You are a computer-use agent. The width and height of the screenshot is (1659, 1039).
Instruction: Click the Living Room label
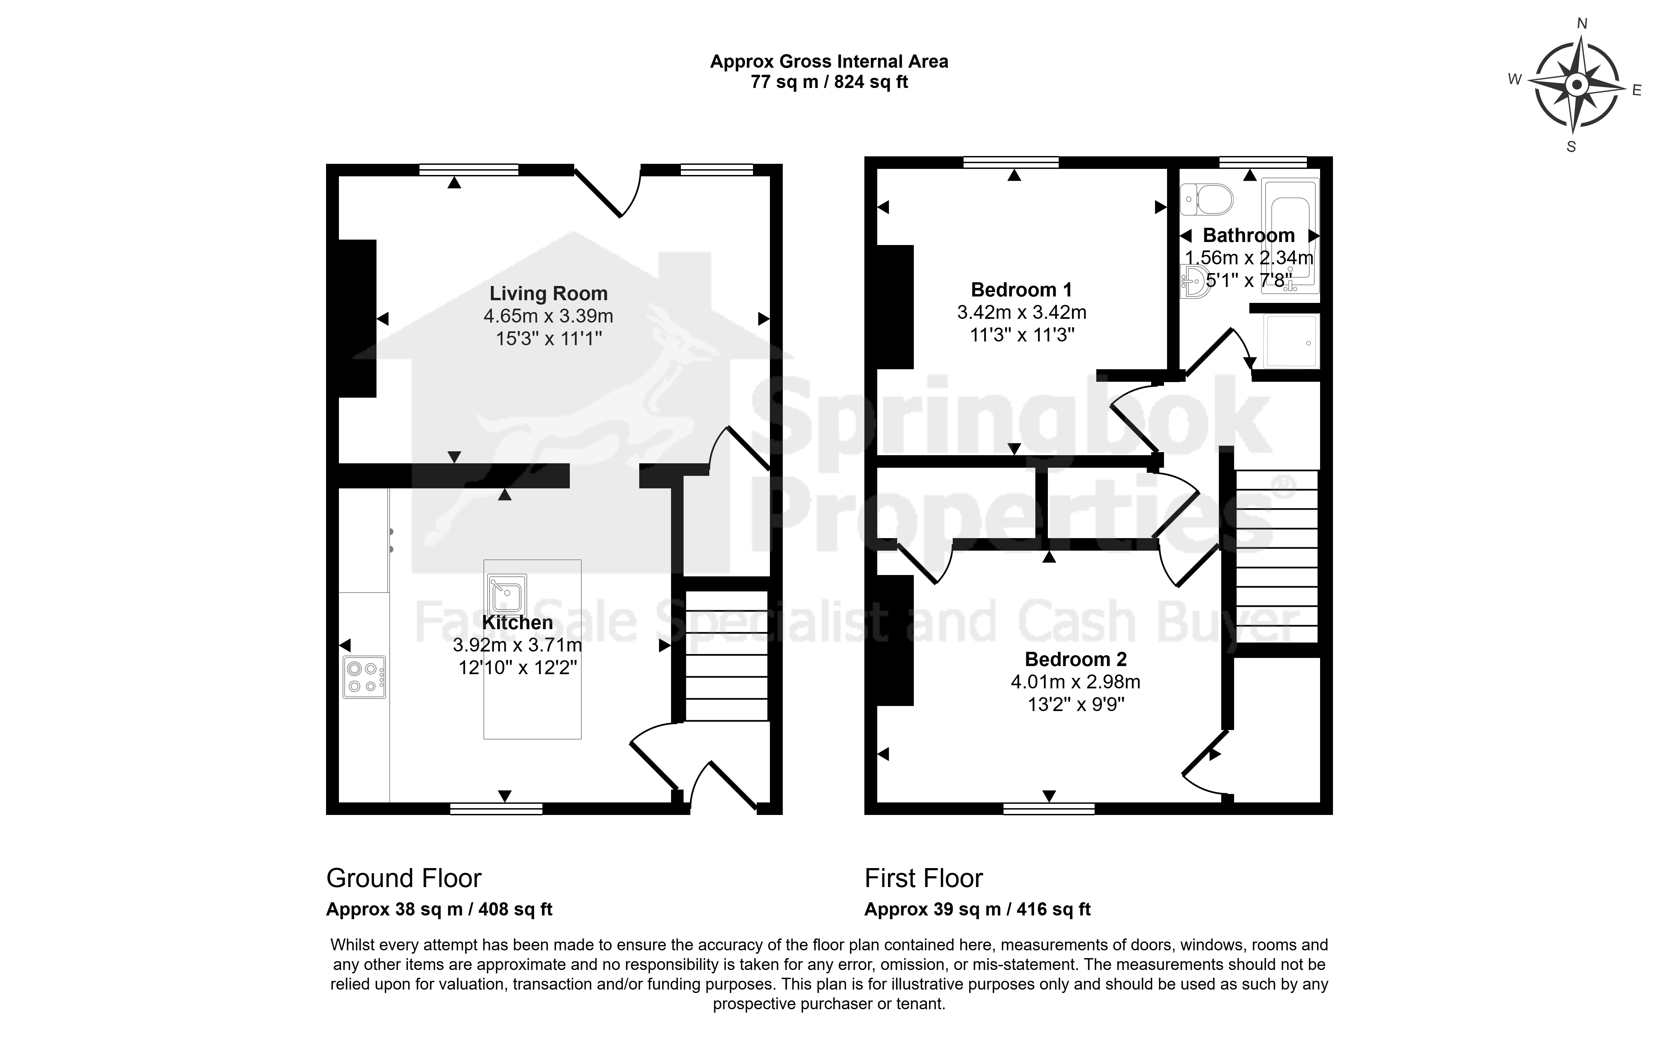pos(548,293)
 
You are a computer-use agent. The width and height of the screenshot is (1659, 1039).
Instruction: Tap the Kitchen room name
pos(517,623)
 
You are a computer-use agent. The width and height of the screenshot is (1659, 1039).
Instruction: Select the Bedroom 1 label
pos(1021,290)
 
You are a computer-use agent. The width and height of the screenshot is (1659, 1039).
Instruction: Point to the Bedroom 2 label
pos(1076,660)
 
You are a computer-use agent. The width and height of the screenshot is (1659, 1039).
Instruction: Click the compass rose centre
pos(1577,86)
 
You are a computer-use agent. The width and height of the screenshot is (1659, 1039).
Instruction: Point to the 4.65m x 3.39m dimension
pos(548,316)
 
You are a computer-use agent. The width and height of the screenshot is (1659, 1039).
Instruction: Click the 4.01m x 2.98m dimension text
pos(1076,682)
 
